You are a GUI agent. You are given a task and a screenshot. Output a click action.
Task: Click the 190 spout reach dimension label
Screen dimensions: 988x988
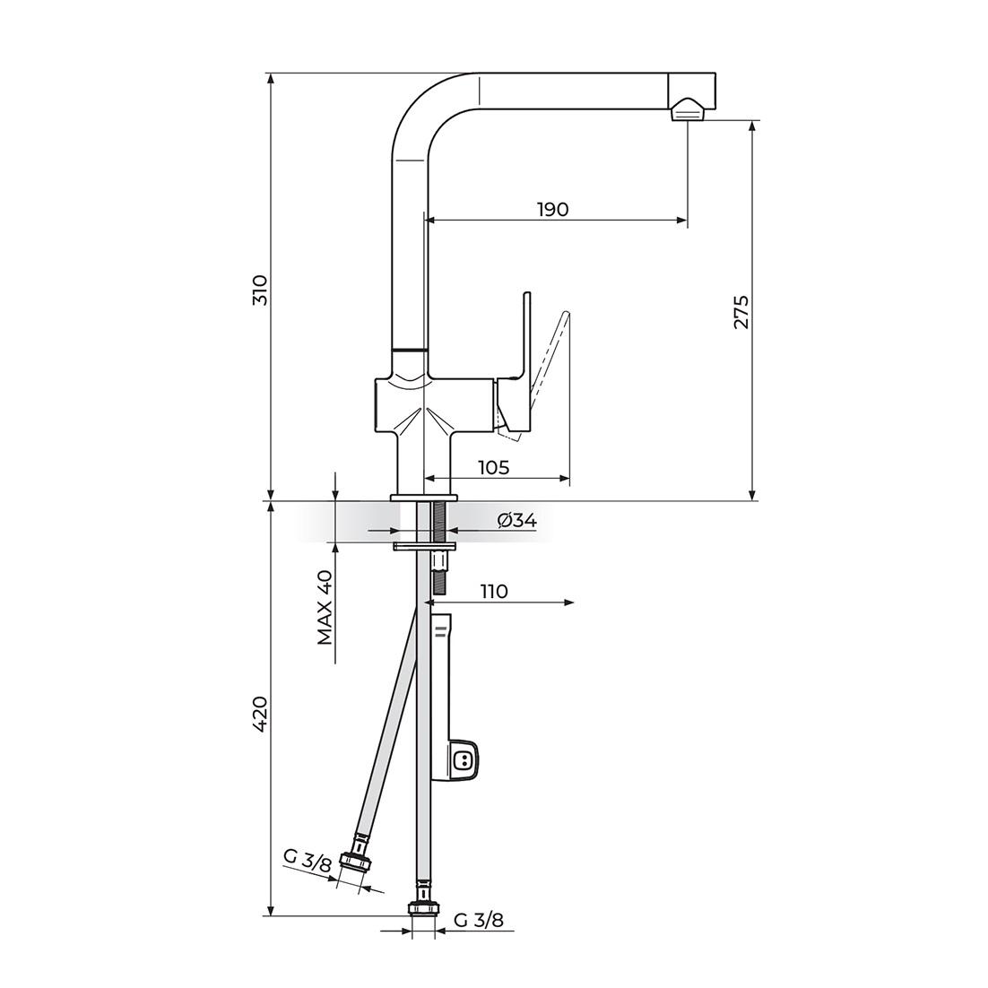point(553,209)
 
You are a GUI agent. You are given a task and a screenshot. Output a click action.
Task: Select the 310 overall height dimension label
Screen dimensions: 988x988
point(260,290)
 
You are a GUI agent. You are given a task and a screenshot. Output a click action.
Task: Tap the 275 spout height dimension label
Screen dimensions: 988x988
point(741,311)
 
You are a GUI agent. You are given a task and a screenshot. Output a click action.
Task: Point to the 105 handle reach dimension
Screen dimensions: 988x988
point(493,467)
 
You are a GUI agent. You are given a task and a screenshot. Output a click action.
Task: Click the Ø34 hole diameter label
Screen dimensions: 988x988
point(516,520)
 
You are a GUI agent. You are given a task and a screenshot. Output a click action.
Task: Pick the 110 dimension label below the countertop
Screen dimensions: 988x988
point(493,591)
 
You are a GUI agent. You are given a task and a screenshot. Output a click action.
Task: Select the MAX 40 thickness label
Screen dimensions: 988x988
point(325,607)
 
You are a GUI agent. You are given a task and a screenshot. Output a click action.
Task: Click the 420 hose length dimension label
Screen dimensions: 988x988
point(260,714)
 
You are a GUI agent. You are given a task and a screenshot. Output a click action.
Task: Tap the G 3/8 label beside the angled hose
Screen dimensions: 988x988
point(308,862)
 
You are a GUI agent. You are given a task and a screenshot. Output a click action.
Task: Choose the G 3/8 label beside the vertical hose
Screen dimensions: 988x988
point(479,920)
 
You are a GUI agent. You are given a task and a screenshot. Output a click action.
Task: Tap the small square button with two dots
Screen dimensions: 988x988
point(464,761)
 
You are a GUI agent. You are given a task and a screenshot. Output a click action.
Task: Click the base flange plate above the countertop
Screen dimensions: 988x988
point(424,496)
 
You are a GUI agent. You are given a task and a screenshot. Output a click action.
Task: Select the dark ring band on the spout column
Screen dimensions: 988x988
point(409,346)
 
